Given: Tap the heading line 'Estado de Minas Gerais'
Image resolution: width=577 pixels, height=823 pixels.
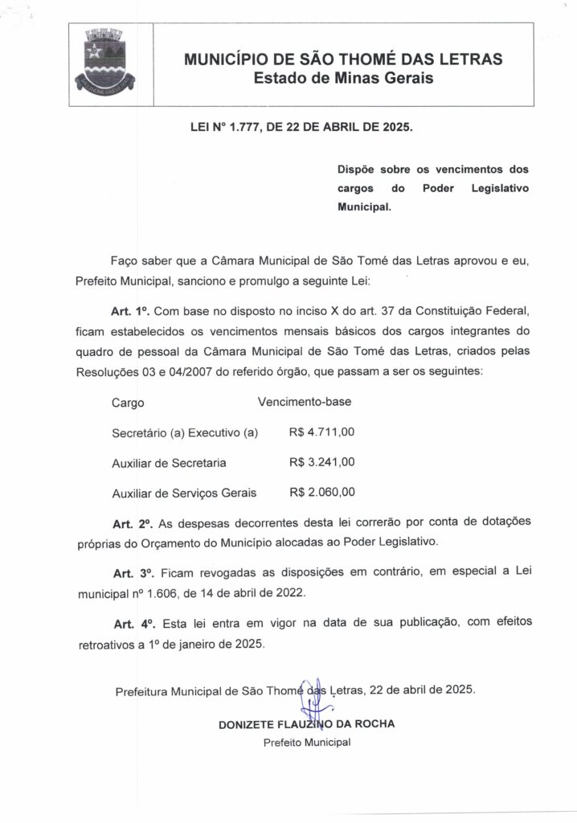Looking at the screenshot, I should (x=343, y=79).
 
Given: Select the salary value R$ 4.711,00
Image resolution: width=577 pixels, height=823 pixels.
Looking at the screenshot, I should (x=321, y=432).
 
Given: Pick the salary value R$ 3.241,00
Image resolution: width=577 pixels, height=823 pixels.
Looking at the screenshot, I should (x=321, y=462).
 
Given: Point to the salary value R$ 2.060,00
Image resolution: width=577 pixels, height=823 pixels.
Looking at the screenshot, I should (x=321, y=492).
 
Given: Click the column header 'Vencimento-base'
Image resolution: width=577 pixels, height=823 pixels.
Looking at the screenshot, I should (x=305, y=402).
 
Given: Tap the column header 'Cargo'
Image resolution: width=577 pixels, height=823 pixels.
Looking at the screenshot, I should (x=128, y=403).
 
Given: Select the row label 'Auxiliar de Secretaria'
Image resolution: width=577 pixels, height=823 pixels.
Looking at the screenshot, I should (x=169, y=463).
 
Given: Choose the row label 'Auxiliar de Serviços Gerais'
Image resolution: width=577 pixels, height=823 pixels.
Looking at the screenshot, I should (x=184, y=493).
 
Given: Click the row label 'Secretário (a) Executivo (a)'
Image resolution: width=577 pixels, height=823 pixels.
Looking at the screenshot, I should (x=185, y=433).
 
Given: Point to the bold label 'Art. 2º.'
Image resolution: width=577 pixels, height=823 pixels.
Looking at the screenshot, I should (x=133, y=524).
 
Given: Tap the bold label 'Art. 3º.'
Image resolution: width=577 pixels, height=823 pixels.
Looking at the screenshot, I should (x=133, y=574).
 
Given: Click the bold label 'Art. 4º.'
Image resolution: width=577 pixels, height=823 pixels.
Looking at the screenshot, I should (x=133, y=624).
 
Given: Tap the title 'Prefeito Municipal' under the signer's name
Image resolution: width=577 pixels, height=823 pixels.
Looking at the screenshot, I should (x=307, y=742).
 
